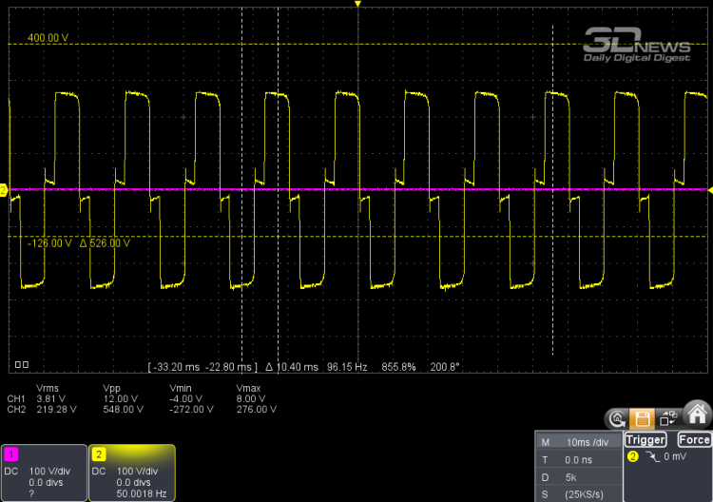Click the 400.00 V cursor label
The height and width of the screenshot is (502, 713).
coord(48,38)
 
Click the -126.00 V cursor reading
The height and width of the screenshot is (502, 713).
coord(49,243)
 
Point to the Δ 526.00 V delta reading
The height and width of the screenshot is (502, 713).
coord(105,243)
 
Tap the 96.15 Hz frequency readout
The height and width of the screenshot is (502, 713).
coord(347,367)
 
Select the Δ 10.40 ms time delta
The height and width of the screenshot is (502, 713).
coord(292,367)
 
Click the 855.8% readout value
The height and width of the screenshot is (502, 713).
coord(398,367)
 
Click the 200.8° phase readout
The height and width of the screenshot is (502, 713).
coord(445,367)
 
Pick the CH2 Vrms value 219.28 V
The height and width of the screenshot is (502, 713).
coord(56,409)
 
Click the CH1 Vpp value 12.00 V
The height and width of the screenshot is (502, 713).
coord(120,398)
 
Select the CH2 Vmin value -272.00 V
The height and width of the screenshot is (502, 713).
coord(191,409)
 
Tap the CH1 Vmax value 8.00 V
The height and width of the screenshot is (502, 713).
coord(251,398)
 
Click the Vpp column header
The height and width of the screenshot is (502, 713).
coord(111,388)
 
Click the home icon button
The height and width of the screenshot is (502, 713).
coord(697,415)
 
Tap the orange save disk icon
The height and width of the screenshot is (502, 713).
coord(642,418)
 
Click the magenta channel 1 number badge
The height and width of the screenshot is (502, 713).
coord(10,454)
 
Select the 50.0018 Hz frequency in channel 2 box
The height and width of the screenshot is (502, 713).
coord(142,493)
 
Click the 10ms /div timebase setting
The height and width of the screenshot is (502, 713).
coord(588,442)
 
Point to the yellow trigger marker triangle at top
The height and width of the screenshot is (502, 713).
coord(357,4)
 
